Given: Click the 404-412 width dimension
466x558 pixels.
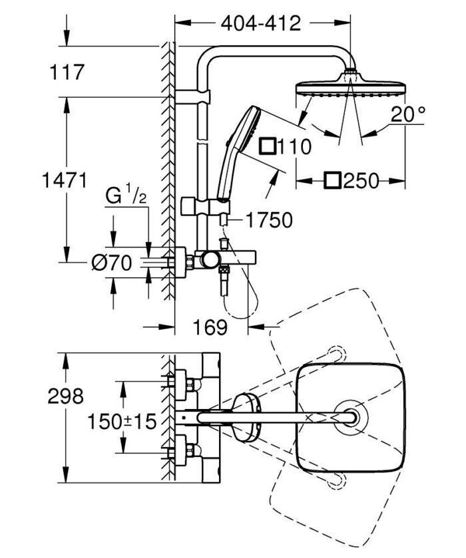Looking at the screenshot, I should click(x=261, y=24).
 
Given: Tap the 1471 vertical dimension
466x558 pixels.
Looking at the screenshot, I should click(x=63, y=179).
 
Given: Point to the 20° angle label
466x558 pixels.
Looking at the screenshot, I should click(x=408, y=114).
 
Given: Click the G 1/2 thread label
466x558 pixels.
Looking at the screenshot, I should click(x=126, y=198).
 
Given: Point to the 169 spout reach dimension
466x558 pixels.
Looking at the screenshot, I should click(x=212, y=327).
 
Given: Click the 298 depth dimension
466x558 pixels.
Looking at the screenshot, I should click(x=67, y=396).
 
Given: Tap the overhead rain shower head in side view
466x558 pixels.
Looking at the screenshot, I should click(x=349, y=89).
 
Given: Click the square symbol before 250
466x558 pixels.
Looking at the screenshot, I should click(x=333, y=180).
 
